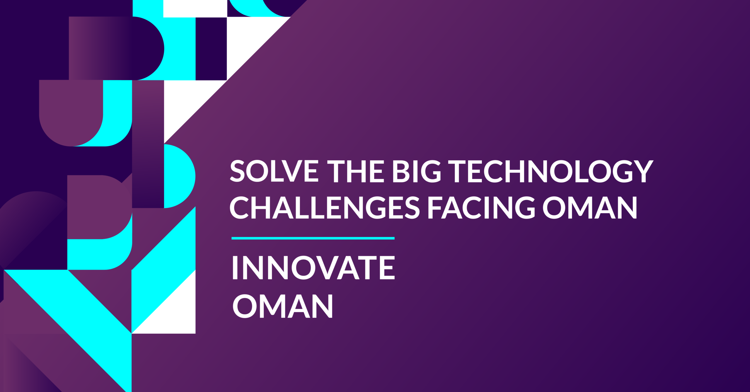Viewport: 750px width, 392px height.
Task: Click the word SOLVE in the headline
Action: coord(274,171)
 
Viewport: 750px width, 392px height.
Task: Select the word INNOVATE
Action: coord(313,267)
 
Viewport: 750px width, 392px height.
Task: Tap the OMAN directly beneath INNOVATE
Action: coord(283,306)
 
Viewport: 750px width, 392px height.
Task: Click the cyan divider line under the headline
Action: coord(313,238)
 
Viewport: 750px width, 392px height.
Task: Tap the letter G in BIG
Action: coord(431,171)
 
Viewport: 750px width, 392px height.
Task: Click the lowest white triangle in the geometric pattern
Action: coord(173,313)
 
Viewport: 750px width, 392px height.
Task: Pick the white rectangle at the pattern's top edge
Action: coord(195,8)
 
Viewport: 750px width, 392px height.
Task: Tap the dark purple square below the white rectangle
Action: coord(211,49)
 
